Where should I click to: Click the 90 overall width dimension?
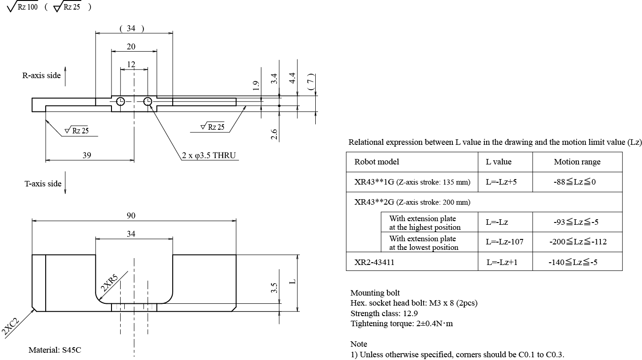tap(131, 215)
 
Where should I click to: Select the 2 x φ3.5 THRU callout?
tap(208, 155)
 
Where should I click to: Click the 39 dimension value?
tap(86, 155)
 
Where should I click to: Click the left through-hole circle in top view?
tap(121, 101)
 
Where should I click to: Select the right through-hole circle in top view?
tap(148, 101)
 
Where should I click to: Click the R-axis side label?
tap(42, 75)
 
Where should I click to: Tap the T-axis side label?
tap(43, 184)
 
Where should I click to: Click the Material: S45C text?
tap(55, 350)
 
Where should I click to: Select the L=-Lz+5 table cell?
tap(501, 182)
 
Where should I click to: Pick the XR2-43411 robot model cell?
tap(374, 262)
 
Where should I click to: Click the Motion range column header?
tap(577, 162)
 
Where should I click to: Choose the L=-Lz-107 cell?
tap(504, 242)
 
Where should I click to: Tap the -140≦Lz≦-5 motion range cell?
tap(578, 262)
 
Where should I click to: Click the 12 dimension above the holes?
tap(131, 64)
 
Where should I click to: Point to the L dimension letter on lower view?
tap(293, 281)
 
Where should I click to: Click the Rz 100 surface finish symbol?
tap(22, 8)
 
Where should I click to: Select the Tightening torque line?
tap(402, 323)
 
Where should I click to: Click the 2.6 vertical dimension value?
tap(274, 134)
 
